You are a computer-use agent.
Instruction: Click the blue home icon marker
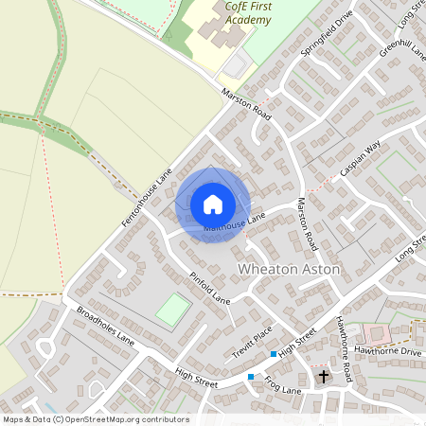(x=213, y=204)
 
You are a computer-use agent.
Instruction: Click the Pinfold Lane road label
(x=209, y=288)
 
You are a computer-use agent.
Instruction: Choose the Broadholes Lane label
(x=106, y=327)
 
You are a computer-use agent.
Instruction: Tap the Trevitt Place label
(x=252, y=343)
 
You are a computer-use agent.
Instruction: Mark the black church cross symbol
(x=323, y=377)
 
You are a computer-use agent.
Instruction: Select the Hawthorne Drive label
(x=397, y=352)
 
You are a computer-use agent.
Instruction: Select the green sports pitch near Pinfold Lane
(x=172, y=310)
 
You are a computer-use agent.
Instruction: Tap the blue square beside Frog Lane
(x=251, y=377)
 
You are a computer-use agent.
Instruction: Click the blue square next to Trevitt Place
(x=274, y=354)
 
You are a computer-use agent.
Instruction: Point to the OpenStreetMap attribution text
(x=95, y=419)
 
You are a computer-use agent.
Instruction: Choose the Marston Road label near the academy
(x=246, y=104)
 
